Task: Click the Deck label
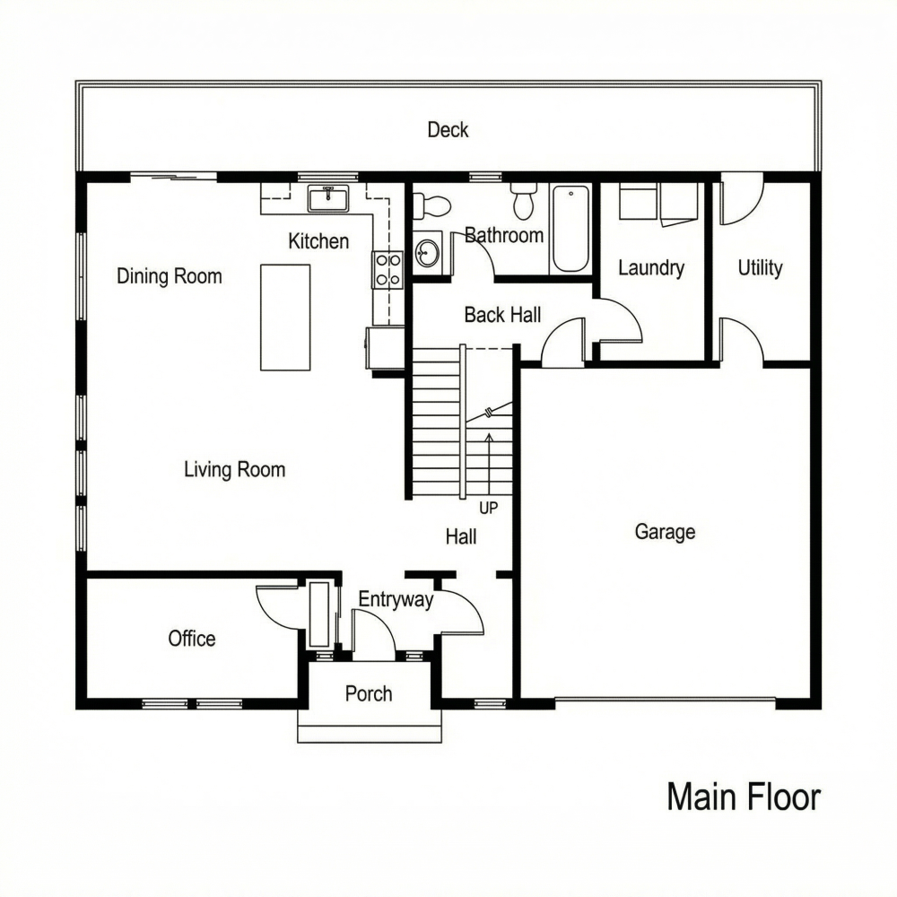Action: (448, 130)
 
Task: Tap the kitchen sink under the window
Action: (328, 197)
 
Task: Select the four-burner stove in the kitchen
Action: (388, 269)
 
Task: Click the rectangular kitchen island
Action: (285, 317)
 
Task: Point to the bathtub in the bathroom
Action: (570, 228)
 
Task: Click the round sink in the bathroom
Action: (428, 250)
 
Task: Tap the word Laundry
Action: (651, 267)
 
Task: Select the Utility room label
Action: (760, 267)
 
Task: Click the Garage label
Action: (665, 532)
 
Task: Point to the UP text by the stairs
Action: (488, 508)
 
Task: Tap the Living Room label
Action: (234, 469)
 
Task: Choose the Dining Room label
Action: (170, 276)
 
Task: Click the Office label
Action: (192, 639)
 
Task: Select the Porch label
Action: (369, 693)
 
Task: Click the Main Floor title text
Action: (744, 797)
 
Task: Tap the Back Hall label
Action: (502, 315)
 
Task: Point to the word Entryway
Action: (396, 600)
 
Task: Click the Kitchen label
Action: (318, 241)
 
